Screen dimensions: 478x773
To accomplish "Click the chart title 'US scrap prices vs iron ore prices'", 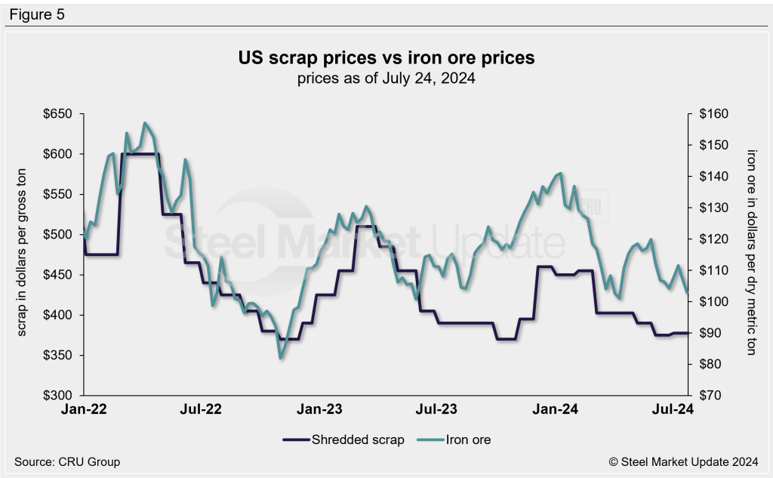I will [x=386, y=58].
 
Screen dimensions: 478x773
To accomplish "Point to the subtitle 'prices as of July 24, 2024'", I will [x=386, y=79].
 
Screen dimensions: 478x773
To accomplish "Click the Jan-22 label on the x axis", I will [x=84, y=410].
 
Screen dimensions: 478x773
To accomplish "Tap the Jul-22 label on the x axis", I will [x=202, y=410].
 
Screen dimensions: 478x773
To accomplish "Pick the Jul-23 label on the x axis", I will [x=437, y=410].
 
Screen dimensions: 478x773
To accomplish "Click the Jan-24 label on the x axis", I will [x=556, y=410].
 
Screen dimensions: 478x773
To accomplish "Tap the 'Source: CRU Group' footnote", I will [x=67, y=461].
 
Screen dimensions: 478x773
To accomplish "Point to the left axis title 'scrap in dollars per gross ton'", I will [x=22, y=254].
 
